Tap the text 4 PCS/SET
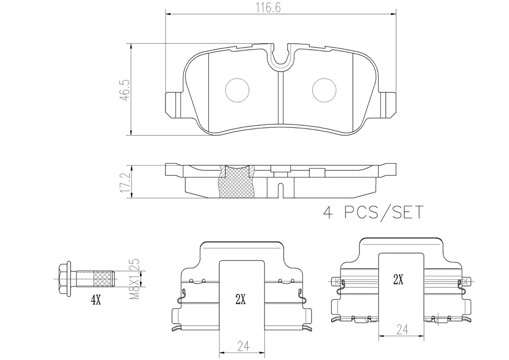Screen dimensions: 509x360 373,212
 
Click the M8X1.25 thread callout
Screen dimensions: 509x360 135,279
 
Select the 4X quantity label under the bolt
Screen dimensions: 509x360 96,301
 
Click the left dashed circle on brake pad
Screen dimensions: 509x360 237,90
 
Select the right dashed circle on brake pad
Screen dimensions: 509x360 324,90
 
